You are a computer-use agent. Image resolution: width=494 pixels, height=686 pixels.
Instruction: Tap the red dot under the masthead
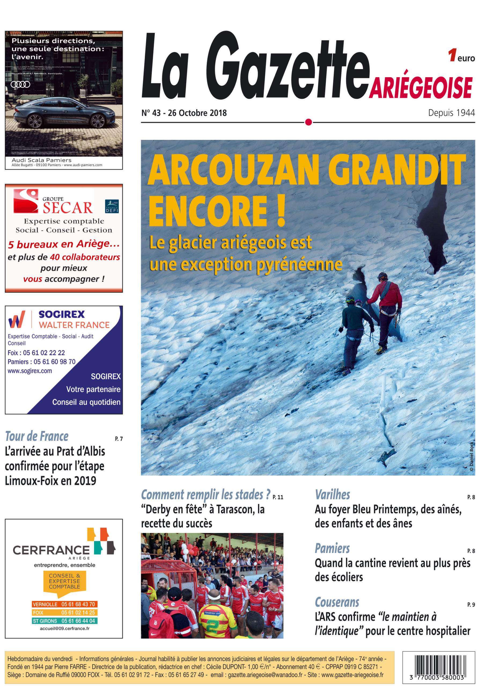pos(308,122)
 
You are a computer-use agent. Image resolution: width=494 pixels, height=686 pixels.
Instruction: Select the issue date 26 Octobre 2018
pos(197,113)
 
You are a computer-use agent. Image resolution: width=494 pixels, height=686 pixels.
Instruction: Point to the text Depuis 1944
pos(451,113)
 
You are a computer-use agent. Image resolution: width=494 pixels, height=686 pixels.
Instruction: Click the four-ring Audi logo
pos(21,84)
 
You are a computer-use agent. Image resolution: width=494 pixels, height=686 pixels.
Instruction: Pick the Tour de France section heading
pos(37,437)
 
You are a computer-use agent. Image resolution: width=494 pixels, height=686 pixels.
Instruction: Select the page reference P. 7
pos(119,439)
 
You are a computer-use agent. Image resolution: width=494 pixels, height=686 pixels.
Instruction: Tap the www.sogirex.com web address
pos(30,371)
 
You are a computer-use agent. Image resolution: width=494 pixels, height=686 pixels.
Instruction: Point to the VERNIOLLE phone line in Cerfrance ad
pos(64,604)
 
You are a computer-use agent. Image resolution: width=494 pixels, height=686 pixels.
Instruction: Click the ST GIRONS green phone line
pos(64,621)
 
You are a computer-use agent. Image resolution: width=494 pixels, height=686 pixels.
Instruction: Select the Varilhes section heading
pos(332,495)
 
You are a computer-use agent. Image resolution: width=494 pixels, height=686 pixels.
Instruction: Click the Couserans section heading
pos(337,602)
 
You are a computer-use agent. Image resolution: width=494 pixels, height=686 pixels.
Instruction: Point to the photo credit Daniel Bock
pos(471,456)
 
